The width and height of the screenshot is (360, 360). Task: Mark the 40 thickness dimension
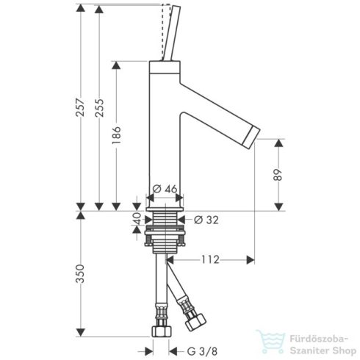point(137,220)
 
